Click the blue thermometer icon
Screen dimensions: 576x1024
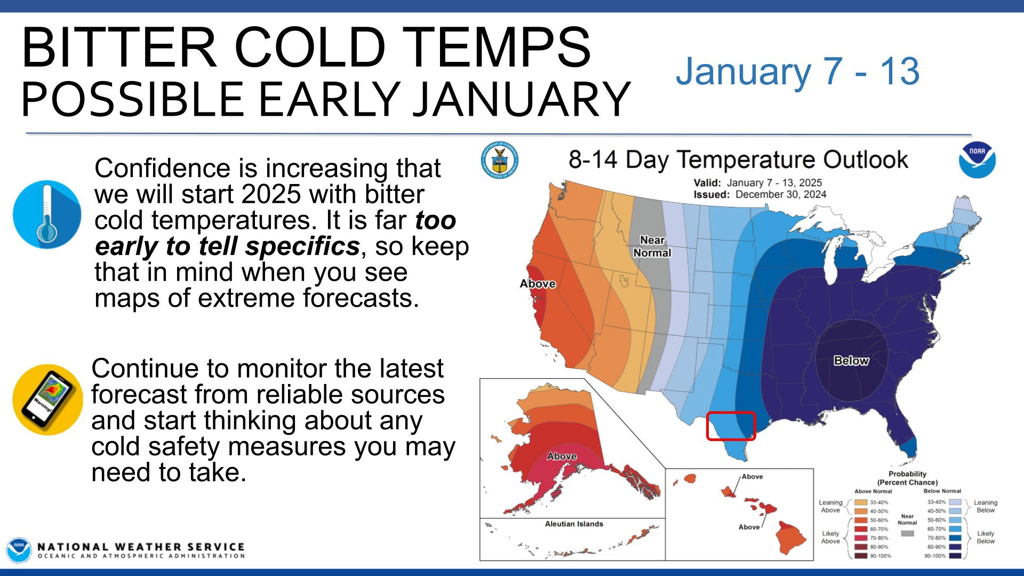[x=47, y=214]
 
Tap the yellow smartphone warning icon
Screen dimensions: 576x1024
[x=47, y=399]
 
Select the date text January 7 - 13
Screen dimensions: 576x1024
[x=797, y=71]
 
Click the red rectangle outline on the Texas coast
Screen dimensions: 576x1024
[x=731, y=426]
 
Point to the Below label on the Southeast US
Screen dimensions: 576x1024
[x=851, y=361]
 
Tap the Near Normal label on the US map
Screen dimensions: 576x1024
[x=652, y=246]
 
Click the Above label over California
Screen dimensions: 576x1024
[x=538, y=284]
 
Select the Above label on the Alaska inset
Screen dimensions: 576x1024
[x=562, y=456]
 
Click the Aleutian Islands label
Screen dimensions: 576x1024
[x=574, y=524]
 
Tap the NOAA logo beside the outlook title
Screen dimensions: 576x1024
[x=977, y=159]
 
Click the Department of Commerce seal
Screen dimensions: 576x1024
[x=500, y=159]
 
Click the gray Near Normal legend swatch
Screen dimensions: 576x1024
[x=907, y=533]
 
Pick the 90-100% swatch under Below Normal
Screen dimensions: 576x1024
[x=955, y=556]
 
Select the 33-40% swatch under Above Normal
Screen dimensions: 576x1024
[x=861, y=502]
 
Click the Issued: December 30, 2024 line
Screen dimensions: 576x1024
[x=759, y=195]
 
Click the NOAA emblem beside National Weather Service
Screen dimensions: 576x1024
[x=19, y=550]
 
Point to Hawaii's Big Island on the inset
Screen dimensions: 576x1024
[x=791, y=538]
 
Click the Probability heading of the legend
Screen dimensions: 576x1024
[x=907, y=474]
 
